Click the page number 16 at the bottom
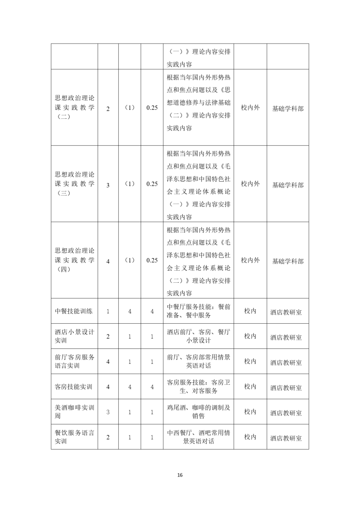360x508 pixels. tap(180, 475)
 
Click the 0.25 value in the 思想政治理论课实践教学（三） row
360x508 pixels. tap(152, 184)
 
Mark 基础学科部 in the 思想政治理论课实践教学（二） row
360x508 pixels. tap(288, 109)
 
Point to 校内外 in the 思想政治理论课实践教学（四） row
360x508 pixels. tap(250, 260)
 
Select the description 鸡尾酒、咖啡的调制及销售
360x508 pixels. tap(198, 412)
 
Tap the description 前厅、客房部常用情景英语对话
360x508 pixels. tap(198, 361)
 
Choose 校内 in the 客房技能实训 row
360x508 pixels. tap(250, 386)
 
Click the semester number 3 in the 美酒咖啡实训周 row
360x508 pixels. tap(108, 412)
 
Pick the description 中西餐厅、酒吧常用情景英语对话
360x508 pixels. tap(198, 437)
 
